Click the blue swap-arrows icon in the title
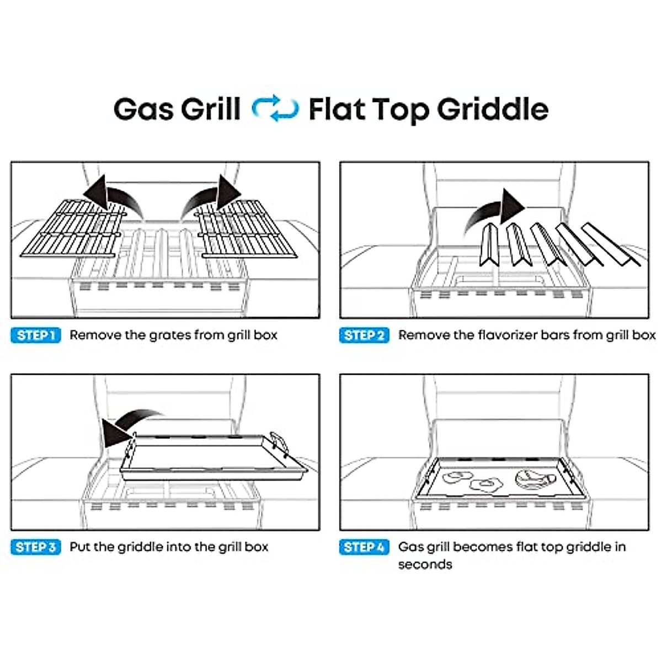tap(275, 109)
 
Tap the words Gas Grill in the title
tap(177, 109)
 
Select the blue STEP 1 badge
tap(36, 335)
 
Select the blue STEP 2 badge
tap(364, 335)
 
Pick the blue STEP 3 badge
tap(36, 547)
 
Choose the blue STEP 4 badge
tap(364, 547)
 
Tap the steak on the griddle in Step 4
tap(533, 478)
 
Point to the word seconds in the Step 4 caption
tap(425, 564)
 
